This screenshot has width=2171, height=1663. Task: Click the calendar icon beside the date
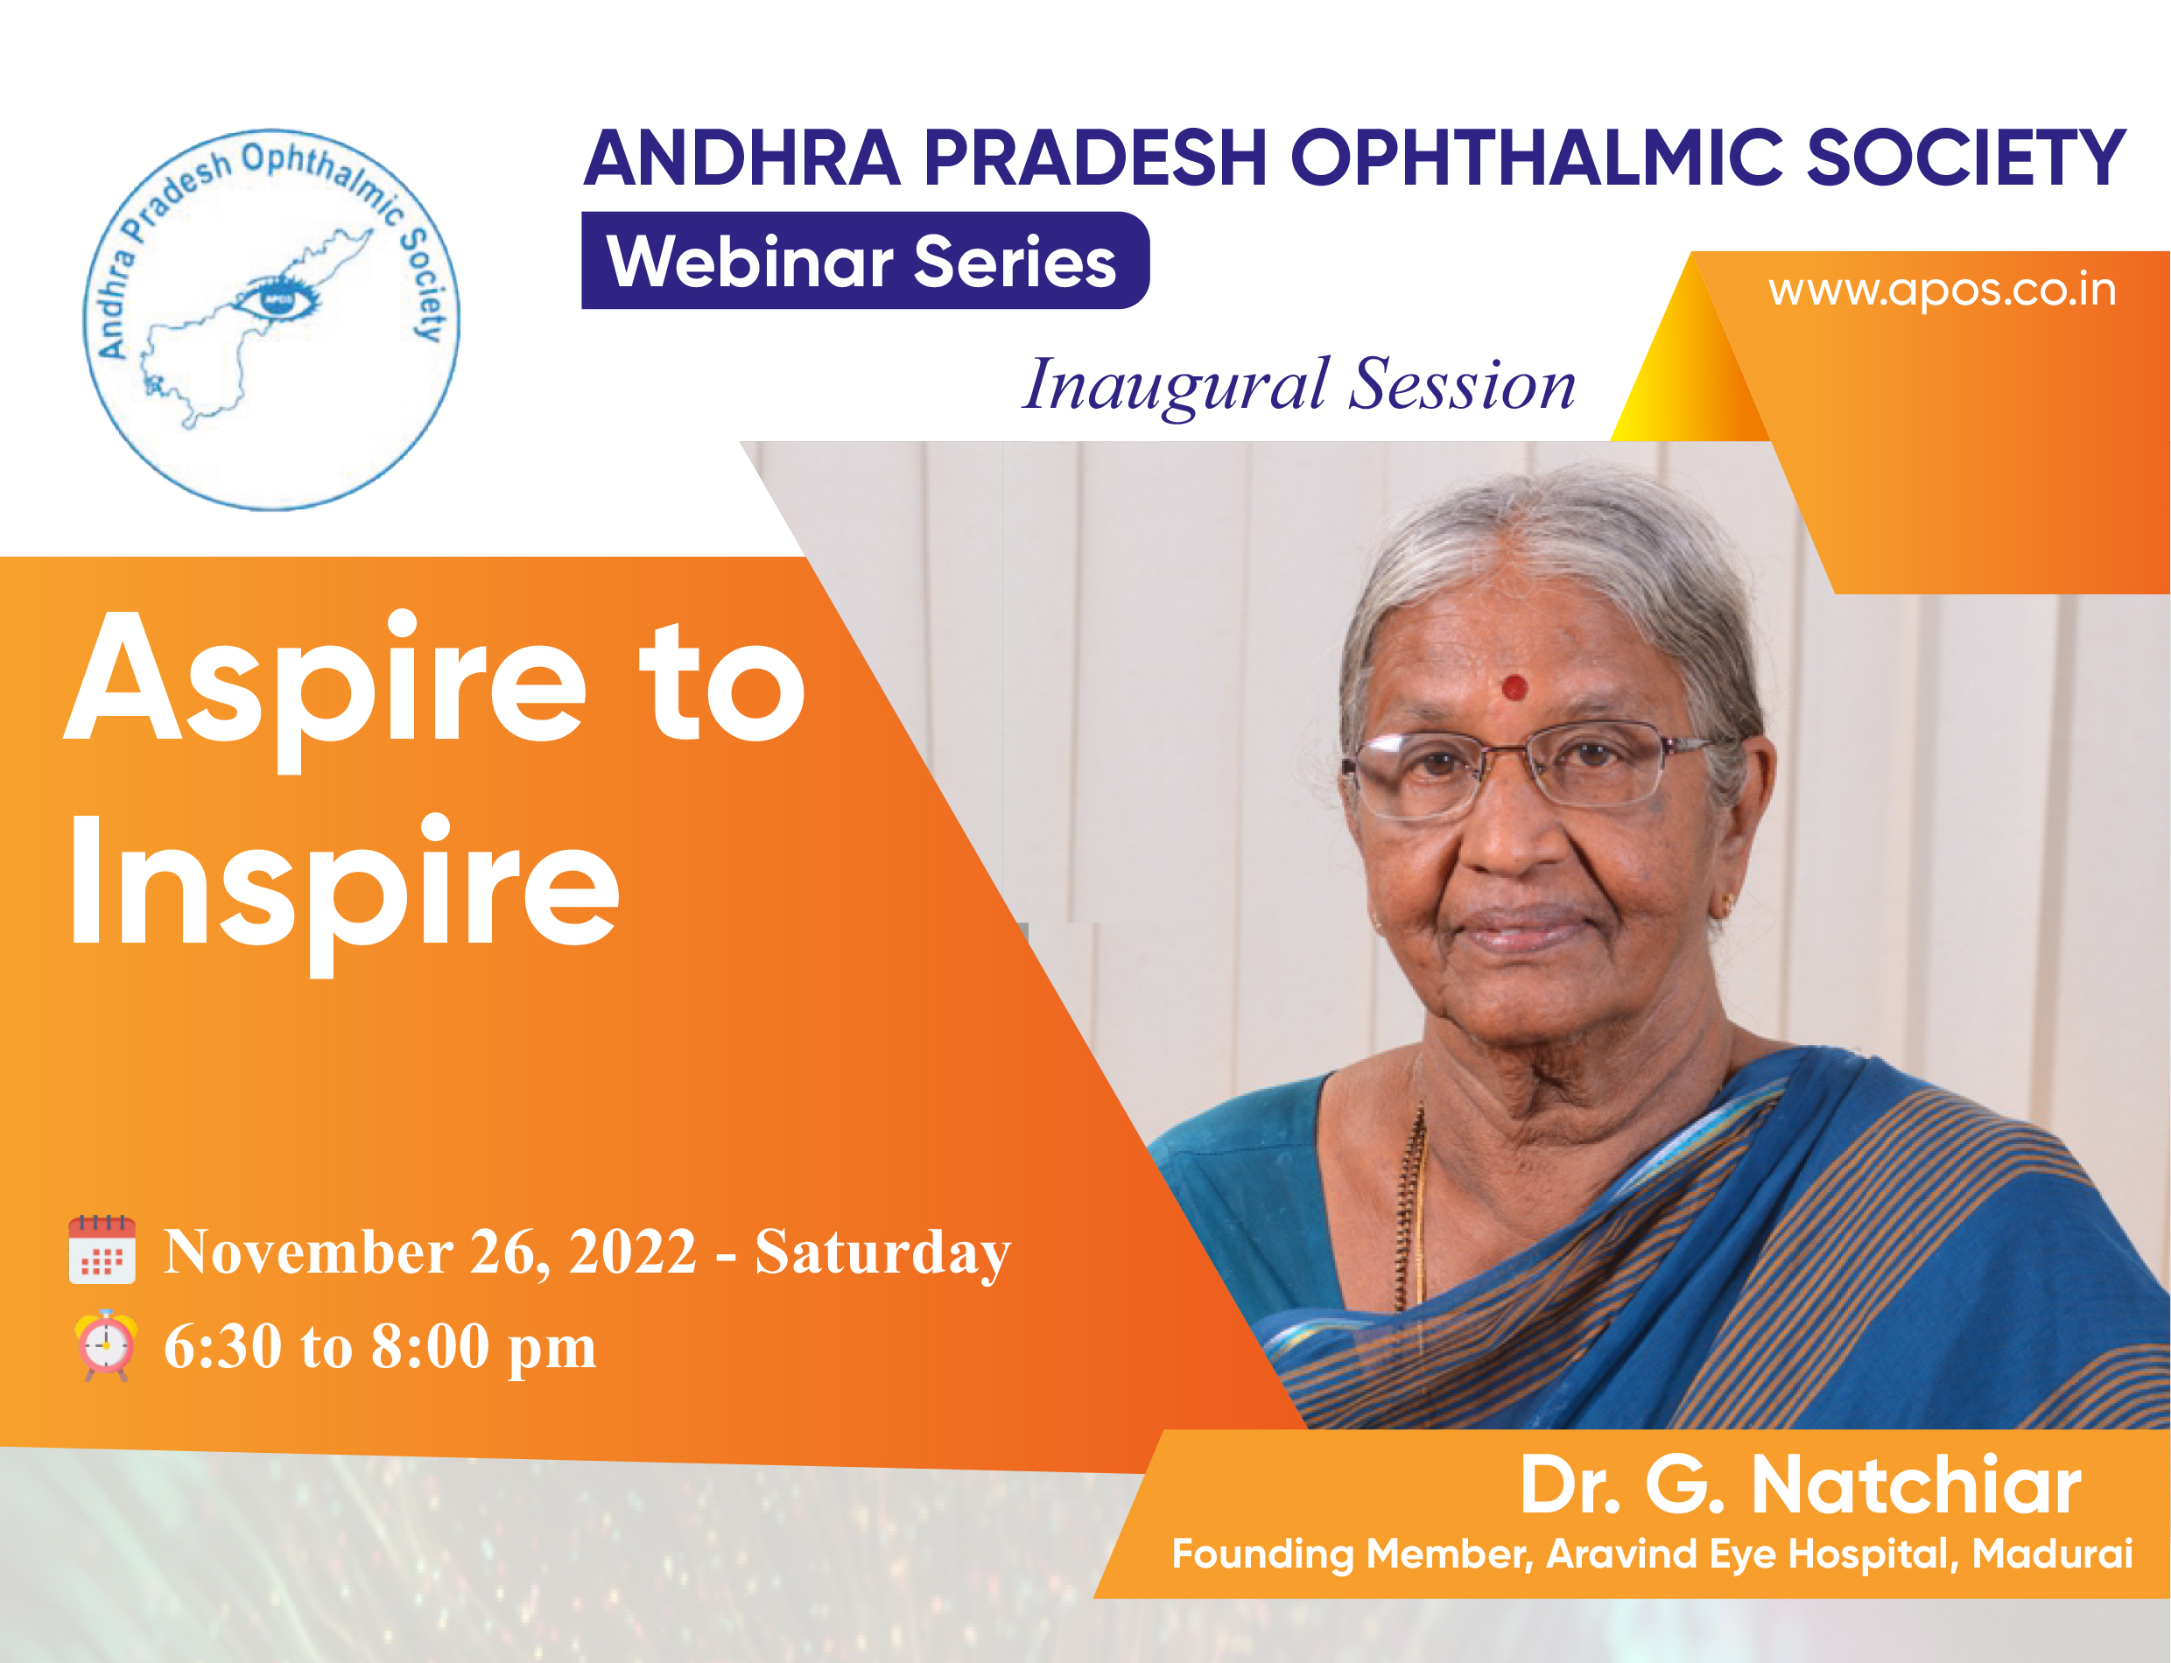102,1249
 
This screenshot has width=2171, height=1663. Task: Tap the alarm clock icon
105,1345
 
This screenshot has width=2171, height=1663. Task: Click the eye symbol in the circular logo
278,297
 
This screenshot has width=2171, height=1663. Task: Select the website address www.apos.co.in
1942,291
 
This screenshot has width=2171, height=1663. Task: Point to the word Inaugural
1175,386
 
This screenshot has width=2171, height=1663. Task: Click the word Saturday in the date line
883,1253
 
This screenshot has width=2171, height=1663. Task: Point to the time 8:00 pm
484,1348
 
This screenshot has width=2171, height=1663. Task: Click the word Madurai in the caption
2051,1554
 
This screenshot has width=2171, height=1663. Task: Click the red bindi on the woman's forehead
1514,687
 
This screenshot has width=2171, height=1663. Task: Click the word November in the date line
308,1253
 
